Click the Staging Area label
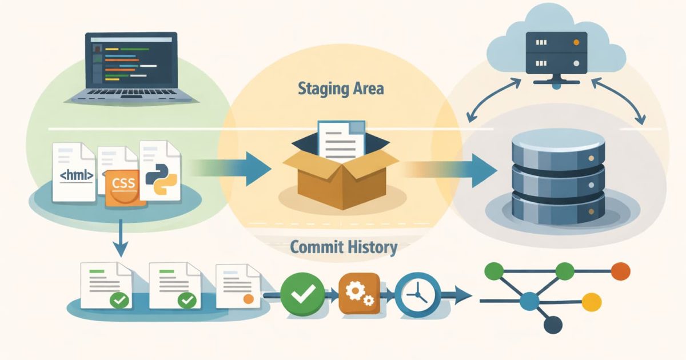point(341,89)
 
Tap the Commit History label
point(343,247)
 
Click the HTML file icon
point(73,171)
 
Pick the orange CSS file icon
point(121,186)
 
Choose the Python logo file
point(159,171)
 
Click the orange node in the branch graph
point(620,270)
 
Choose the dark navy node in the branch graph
point(552,325)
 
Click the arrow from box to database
point(452,169)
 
